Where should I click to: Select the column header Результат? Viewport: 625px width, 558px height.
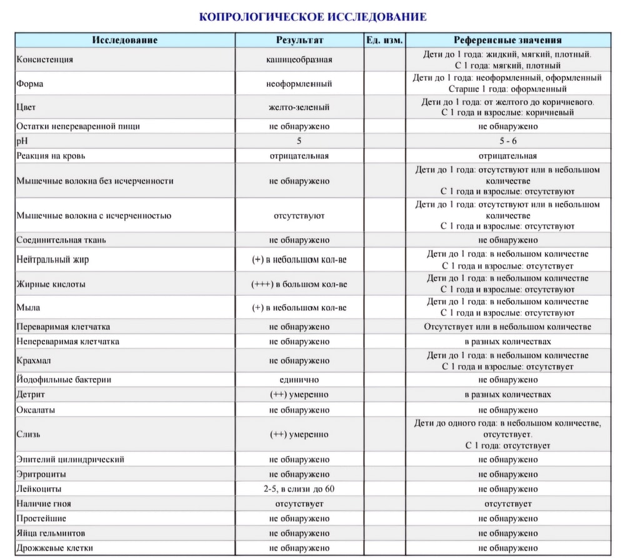(x=299, y=40)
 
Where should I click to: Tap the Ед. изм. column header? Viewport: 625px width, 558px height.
(x=384, y=40)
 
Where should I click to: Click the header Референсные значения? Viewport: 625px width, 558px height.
(x=507, y=40)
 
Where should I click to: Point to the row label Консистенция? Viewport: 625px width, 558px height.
(x=45, y=60)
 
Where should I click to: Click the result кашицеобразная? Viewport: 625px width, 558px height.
(x=299, y=60)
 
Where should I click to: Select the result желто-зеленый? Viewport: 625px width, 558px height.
(x=299, y=107)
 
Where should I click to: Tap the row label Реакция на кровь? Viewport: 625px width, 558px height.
(x=52, y=156)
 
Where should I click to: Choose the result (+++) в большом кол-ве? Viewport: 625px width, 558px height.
(x=299, y=284)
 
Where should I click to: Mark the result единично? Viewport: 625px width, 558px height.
(x=299, y=379)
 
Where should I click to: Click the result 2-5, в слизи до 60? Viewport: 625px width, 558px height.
(x=299, y=489)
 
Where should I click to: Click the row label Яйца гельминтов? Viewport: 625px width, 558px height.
(x=51, y=534)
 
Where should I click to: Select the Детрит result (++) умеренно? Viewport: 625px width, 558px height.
(x=299, y=395)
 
